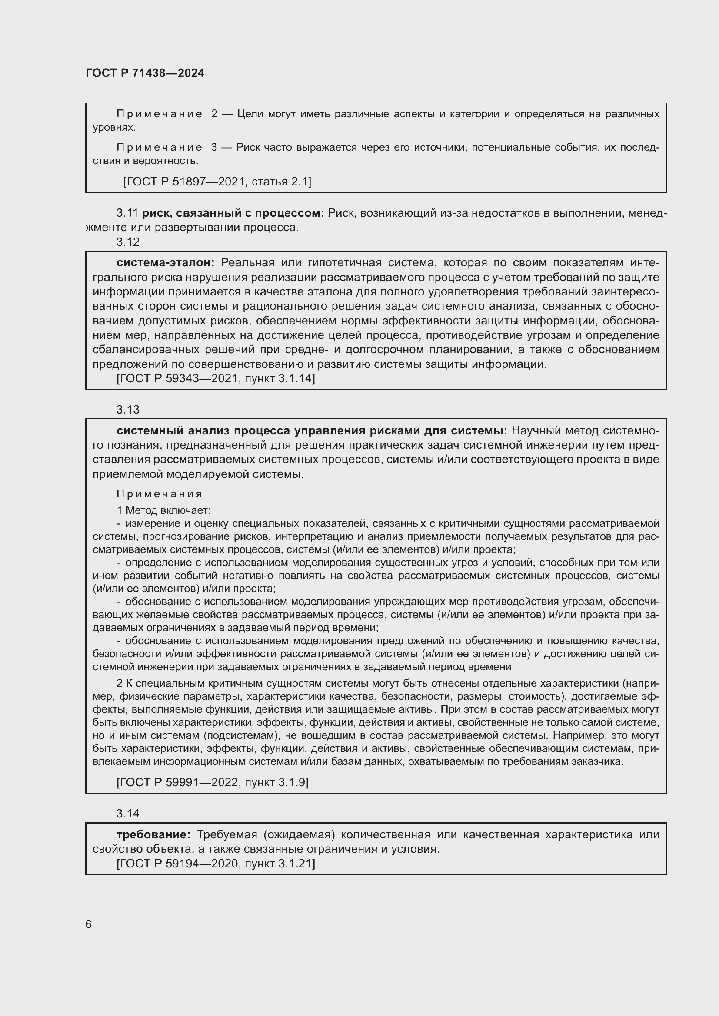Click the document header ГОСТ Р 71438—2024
(145, 73)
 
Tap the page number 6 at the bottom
(89, 924)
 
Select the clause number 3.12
(128, 242)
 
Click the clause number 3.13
(128, 410)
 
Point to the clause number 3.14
(128, 813)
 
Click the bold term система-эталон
(165, 263)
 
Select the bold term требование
(153, 834)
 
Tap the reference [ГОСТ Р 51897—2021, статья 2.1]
(217, 182)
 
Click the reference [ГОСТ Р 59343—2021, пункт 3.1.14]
(216, 378)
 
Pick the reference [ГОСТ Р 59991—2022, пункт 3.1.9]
(212, 782)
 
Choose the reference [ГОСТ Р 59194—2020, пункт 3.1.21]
(216, 864)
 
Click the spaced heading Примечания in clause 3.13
(160, 494)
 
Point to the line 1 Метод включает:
(163, 510)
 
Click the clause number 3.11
(127, 213)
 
